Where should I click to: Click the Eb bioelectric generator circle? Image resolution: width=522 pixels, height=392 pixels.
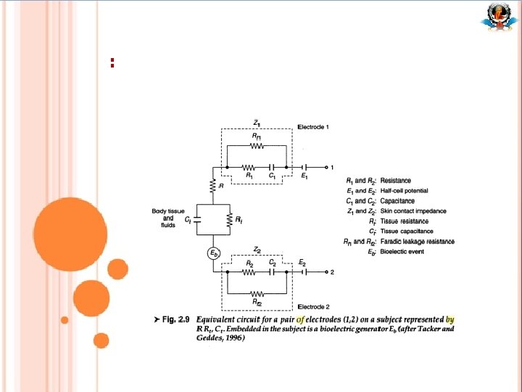pyautogui.click(x=214, y=253)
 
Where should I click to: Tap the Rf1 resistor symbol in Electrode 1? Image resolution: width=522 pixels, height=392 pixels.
pyautogui.click(x=257, y=145)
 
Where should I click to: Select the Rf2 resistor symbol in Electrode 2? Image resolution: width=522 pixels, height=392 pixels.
pyautogui.click(x=257, y=291)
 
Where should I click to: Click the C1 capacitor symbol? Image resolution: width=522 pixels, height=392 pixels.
pyautogui.click(x=271, y=166)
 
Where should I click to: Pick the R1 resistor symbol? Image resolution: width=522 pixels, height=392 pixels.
pyautogui.click(x=249, y=166)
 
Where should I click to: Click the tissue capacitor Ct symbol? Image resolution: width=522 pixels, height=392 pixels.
pyautogui.click(x=197, y=219)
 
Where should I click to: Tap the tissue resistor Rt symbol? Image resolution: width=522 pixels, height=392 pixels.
pyautogui.click(x=229, y=219)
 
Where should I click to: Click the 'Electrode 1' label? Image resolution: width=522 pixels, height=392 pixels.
pyautogui.click(x=313, y=127)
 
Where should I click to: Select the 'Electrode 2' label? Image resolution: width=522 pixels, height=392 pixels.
pyautogui.click(x=313, y=306)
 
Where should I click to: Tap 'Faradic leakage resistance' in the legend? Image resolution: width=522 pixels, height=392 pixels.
pyautogui.click(x=418, y=242)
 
